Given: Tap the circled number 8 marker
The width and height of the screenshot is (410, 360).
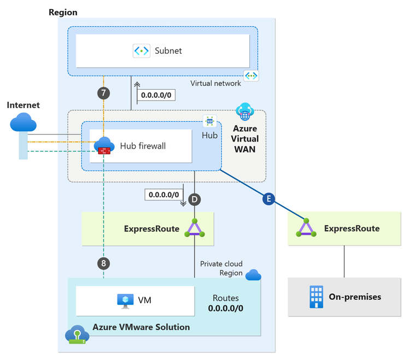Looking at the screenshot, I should click(x=103, y=263).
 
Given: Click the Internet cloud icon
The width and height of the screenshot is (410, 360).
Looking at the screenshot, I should click(x=22, y=123).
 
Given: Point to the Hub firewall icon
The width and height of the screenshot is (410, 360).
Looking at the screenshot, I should click(x=103, y=146).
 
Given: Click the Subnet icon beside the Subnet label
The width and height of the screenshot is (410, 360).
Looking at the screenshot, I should click(x=142, y=51).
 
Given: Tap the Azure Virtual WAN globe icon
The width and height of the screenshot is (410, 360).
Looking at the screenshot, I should click(x=244, y=112).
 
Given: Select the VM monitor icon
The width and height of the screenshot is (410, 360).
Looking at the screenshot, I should click(x=125, y=300).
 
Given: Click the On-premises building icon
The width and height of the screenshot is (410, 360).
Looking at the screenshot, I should click(x=315, y=297).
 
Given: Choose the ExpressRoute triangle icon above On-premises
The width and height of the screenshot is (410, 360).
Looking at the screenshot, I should click(x=307, y=228).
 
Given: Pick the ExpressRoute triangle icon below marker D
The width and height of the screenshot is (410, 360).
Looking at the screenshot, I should click(x=194, y=228).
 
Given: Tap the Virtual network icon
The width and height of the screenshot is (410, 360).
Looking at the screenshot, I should click(x=251, y=75).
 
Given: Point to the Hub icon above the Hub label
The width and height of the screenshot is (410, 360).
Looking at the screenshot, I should click(x=210, y=121).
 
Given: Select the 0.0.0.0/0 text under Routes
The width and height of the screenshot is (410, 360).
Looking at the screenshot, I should click(x=226, y=308).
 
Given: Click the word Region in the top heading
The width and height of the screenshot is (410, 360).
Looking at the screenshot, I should click(x=63, y=12).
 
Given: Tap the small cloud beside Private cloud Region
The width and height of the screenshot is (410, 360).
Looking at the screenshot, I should click(x=253, y=275).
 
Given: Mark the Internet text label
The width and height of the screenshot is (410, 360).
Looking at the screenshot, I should click(x=24, y=105).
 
